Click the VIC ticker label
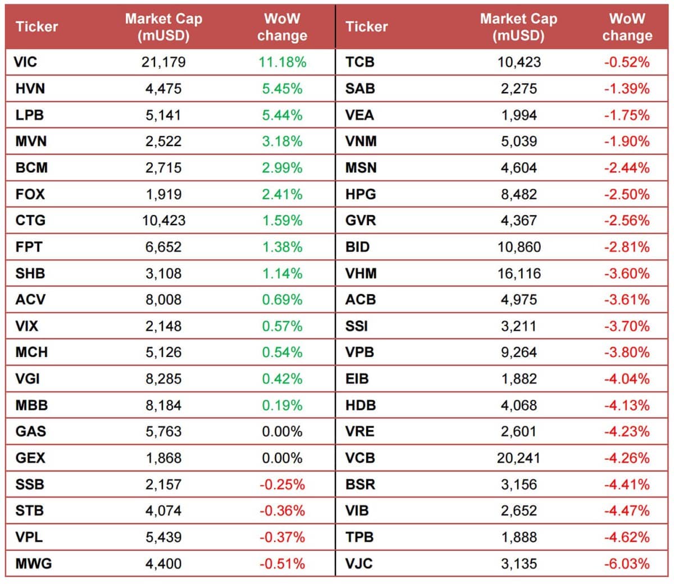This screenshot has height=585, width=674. coord(25,62)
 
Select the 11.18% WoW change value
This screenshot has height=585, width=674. coord(282,62)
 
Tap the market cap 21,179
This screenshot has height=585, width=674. coord(163,62)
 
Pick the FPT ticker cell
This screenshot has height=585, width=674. coord(29,247)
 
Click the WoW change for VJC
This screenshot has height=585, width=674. coord(627,564)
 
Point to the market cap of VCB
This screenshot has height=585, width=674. coord(518,458)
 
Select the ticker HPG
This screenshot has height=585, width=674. coord(361,194)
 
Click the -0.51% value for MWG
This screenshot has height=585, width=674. coord(282,564)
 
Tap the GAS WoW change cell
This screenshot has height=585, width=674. coord(282,432)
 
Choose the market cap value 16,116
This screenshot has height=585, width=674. coord(518,273)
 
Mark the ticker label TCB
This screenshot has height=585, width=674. coord(360,62)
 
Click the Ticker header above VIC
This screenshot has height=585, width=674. coord(37,26)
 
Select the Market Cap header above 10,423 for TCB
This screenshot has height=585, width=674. coord(518,27)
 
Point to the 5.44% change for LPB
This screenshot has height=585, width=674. coord(282,115)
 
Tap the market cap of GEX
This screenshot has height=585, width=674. coord(163,458)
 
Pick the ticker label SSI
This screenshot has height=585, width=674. coord(356,326)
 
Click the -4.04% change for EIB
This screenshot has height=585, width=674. coord(627,379)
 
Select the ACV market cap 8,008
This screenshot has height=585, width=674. coord(163,300)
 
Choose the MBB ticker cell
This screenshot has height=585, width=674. coord(31,405)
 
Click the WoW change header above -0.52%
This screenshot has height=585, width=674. coord(627,27)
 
